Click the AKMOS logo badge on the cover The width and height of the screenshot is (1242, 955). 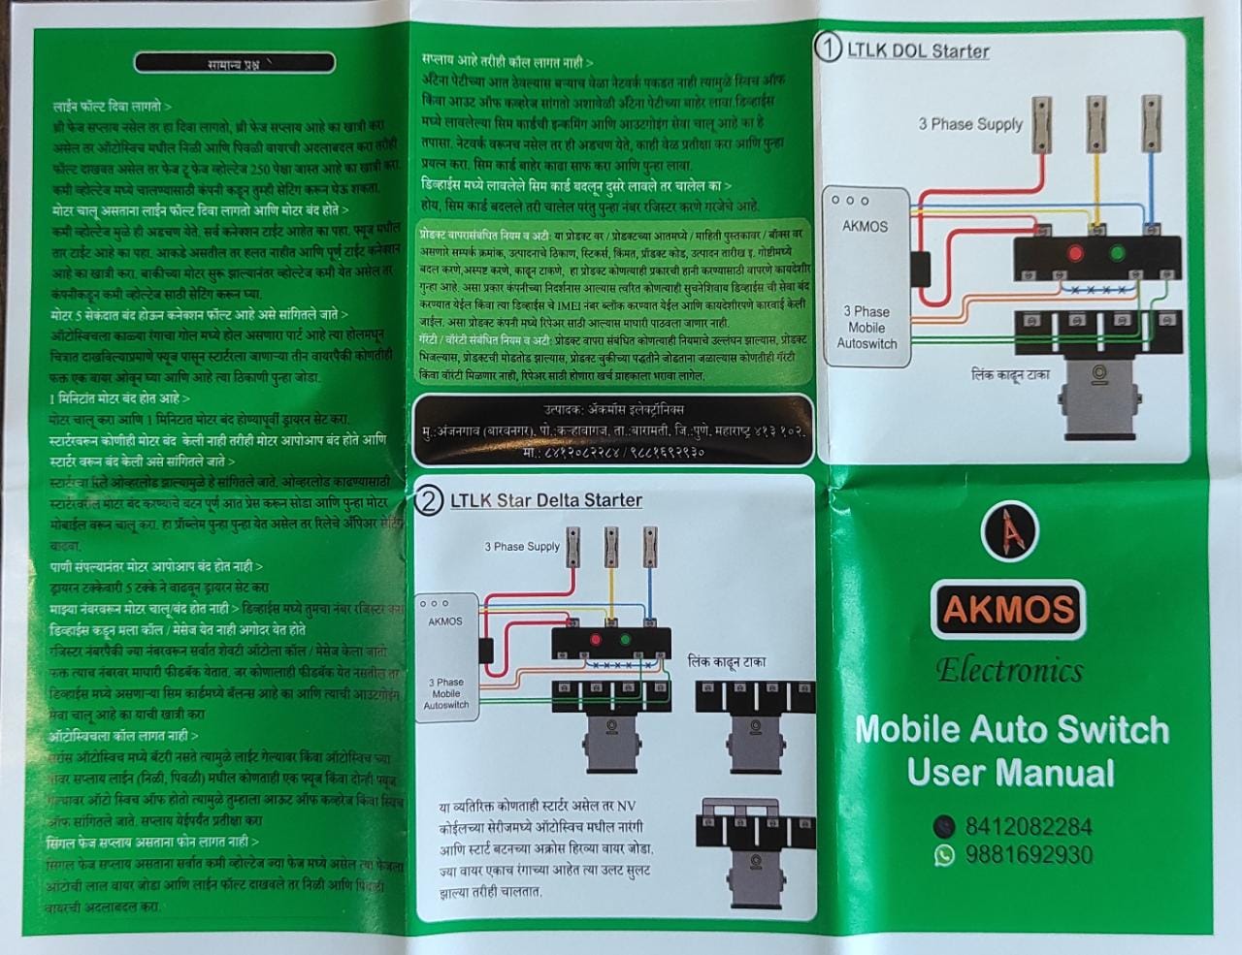click(1009, 609)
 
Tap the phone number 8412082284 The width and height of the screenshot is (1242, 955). click(1028, 827)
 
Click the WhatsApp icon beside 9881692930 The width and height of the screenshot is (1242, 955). click(943, 855)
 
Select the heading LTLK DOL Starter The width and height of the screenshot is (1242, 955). click(918, 50)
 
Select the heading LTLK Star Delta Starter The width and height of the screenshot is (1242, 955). click(545, 500)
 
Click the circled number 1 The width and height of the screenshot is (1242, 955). click(828, 48)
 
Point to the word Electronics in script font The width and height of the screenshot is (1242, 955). click(1009, 671)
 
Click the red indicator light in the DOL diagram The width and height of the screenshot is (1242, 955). click(1075, 254)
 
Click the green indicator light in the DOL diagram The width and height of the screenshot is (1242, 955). click(1117, 254)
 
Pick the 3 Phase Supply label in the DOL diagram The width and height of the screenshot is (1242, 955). click(970, 124)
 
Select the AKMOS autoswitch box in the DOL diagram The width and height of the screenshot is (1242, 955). click(866, 276)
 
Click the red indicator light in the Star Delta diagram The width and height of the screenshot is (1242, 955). click(595, 641)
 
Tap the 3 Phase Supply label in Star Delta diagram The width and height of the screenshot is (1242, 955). click(522, 547)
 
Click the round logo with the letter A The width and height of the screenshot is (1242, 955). click(1010, 529)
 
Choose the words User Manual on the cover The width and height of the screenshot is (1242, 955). click(1010, 773)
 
